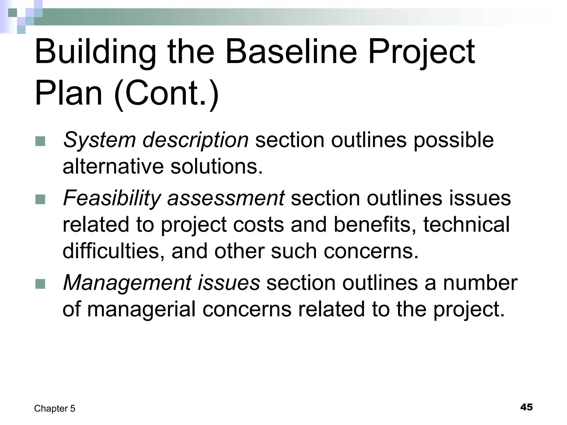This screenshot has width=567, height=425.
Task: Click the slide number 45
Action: coord(526,407)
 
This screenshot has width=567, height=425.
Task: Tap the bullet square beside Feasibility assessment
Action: coord(40,199)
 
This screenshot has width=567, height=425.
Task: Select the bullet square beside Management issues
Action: coord(40,284)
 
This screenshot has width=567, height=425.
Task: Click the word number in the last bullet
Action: coord(480,283)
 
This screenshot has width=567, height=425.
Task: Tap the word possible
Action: coord(454,140)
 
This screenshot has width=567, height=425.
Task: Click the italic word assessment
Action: coord(226,198)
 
